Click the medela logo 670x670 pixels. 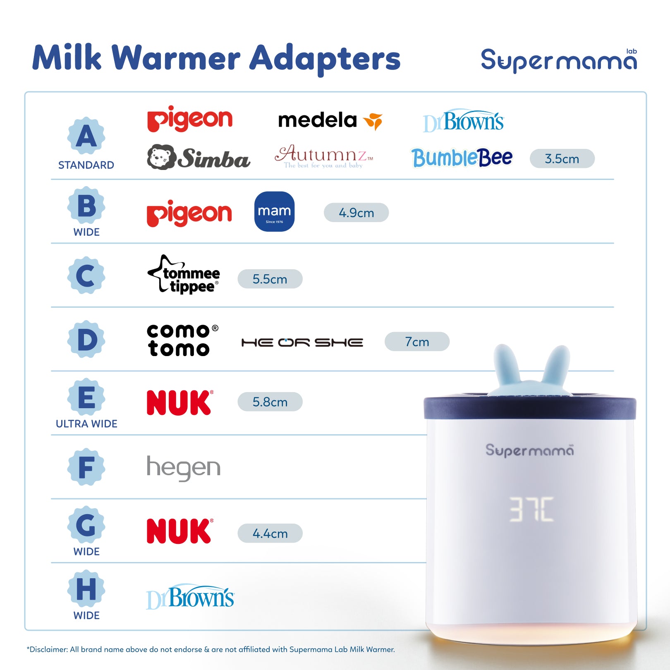coord(330,120)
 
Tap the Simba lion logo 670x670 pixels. coord(199,158)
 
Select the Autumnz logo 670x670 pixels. coord(324,156)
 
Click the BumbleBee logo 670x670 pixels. coord(462,158)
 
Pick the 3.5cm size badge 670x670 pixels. coord(562,159)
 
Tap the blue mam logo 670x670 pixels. coord(274,211)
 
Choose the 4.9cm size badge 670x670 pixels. coord(356,213)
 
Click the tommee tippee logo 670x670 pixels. coord(184,275)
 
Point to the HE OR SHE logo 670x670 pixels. coord(302,342)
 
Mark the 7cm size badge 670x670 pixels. coord(417,342)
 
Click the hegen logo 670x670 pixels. coord(184,468)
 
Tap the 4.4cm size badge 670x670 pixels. coord(270,534)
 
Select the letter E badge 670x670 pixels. coord(86,397)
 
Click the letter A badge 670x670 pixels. coord(86,136)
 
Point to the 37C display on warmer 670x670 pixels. coord(531,509)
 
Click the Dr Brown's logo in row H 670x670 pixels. coord(190,597)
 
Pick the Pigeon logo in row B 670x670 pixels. coord(189,213)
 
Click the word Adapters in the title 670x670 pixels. coord(325,59)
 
